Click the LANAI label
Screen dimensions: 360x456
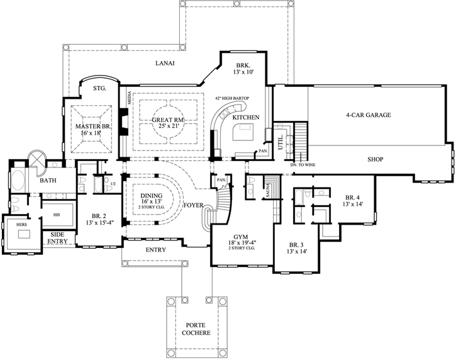(165, 64)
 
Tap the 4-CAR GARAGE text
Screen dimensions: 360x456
(369, 115)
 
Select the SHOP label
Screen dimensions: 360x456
(375, 159)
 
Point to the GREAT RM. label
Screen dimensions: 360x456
(167, 120)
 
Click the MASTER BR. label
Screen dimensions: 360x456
(94, 127)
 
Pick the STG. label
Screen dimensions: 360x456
(99, 89)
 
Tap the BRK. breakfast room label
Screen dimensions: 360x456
(243, 65)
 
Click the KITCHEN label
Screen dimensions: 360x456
(246, 118)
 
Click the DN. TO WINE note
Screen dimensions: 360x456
(303, 165)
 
